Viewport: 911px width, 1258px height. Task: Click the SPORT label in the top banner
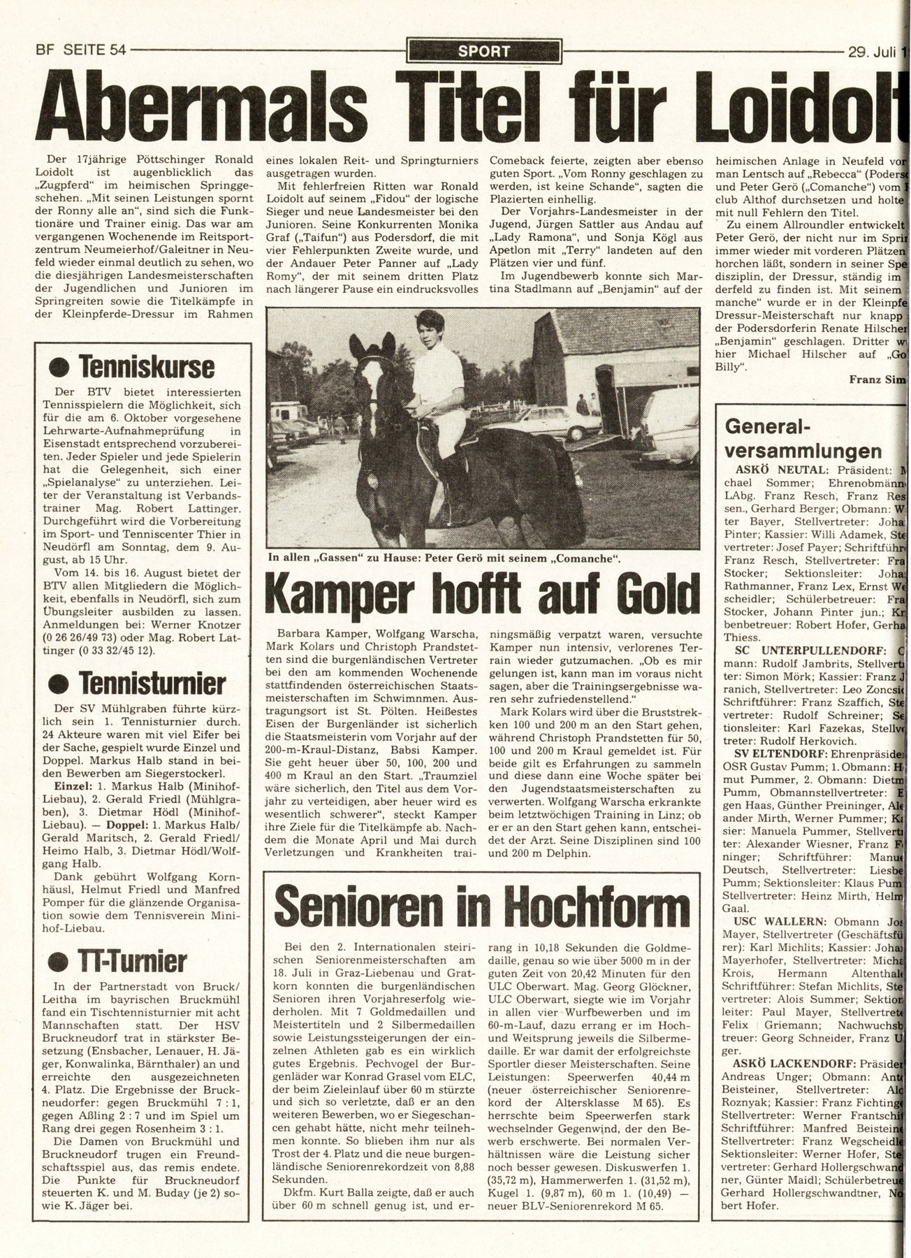point(483,51)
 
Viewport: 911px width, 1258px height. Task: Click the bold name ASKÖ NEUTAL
point(768,470)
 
